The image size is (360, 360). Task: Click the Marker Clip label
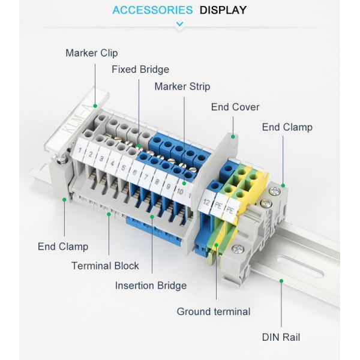click(91, 53)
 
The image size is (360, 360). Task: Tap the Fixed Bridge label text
click(140, 70)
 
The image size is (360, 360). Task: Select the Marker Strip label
click(182, 87)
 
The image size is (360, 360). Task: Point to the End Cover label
click(235, 107)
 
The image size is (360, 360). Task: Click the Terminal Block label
click(105, 266)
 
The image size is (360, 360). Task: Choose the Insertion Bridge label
click(151, 286)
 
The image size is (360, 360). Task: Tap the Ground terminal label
click(213, 311)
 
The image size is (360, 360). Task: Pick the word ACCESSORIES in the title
click(152, 10)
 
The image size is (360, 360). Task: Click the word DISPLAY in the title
click(223, 10)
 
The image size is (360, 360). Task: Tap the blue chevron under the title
click(179, 25)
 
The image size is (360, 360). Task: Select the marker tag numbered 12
click(206, 203)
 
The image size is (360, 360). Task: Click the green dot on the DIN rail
click(281, 280)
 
